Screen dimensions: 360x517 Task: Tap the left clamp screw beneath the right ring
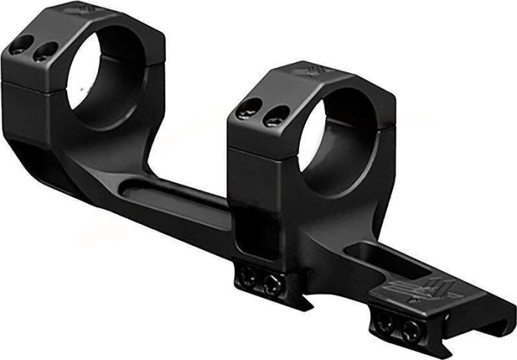coord(247,276)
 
